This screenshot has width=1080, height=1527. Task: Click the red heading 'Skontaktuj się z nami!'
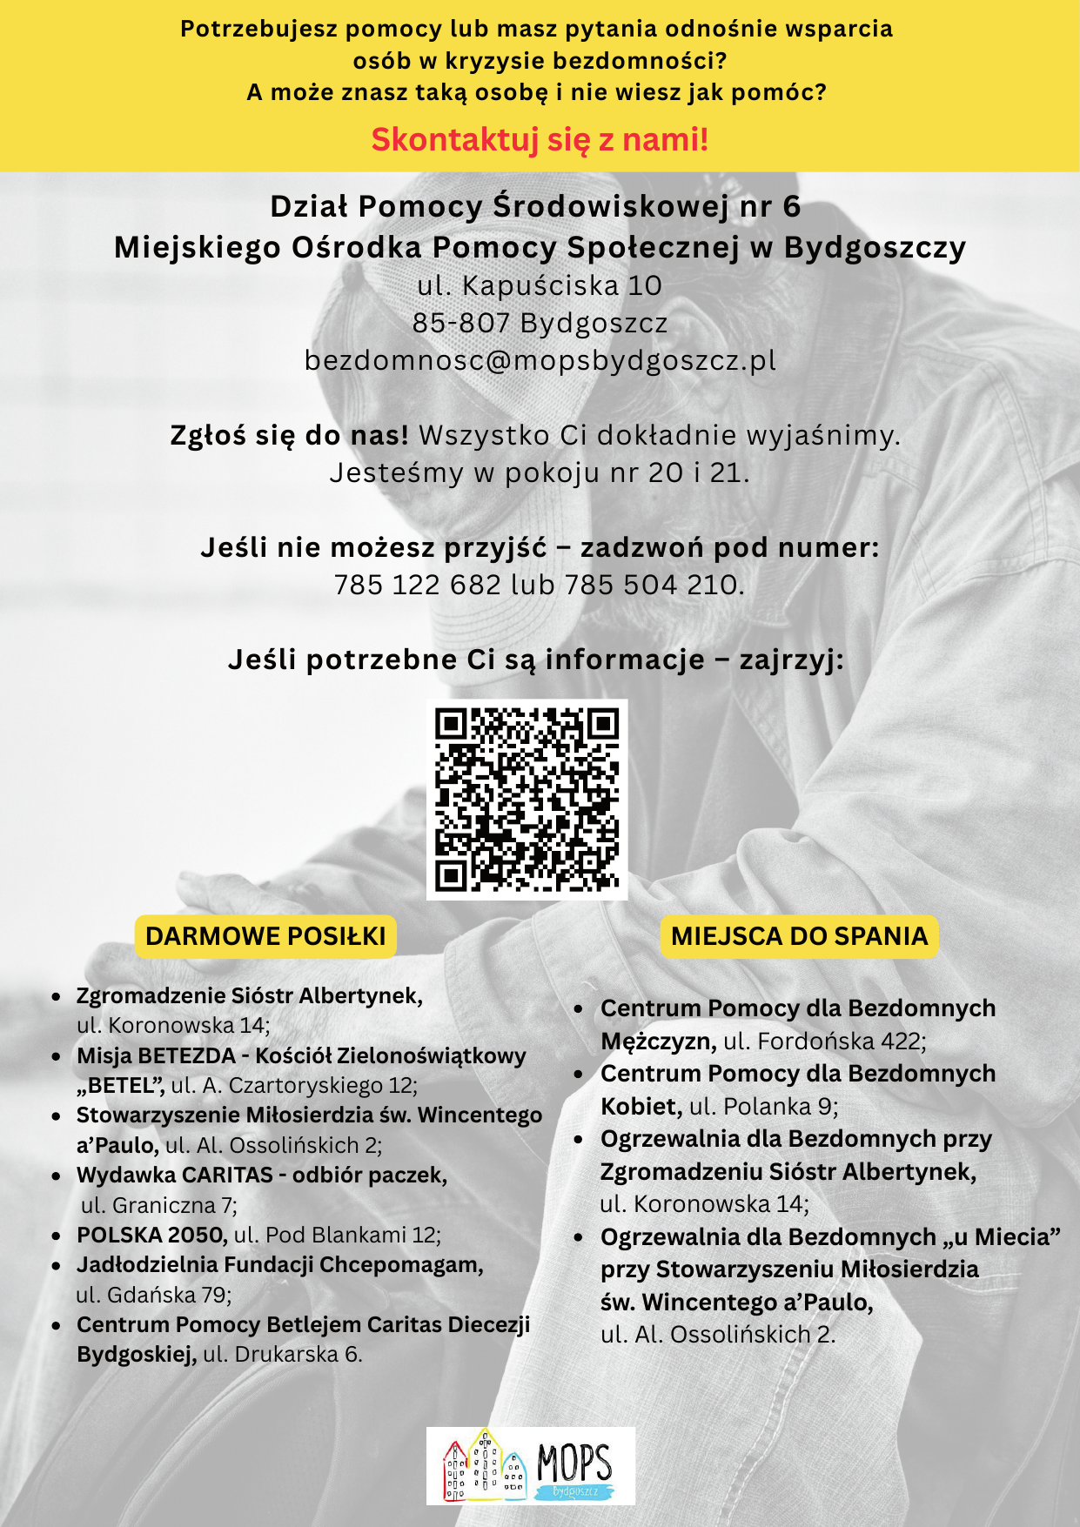click(540, 139)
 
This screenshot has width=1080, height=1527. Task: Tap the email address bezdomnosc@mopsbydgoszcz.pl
click(540, 360)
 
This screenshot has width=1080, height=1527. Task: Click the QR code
click(527, 800)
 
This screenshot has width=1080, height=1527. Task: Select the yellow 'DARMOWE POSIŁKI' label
click(265, 936)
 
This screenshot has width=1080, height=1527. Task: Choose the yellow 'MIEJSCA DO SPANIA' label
click(799, 936)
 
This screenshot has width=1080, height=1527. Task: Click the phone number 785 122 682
click(418, 585)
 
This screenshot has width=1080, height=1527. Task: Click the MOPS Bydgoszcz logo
click(531, 1465)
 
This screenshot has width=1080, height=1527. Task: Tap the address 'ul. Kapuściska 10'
click(540, 285)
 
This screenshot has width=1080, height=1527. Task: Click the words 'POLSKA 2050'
click(151, 1235)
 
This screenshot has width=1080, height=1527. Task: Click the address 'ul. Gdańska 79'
click(154, 1295)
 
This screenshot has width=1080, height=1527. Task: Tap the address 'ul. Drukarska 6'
click(283, 1354)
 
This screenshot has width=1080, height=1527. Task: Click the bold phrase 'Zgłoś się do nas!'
click(289, 435)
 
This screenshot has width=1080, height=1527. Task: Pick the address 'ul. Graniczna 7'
click(159, 1205)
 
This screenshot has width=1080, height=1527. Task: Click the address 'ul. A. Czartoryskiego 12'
click(294, 1085)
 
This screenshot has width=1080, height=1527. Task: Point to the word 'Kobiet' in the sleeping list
click(640, 1106)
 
